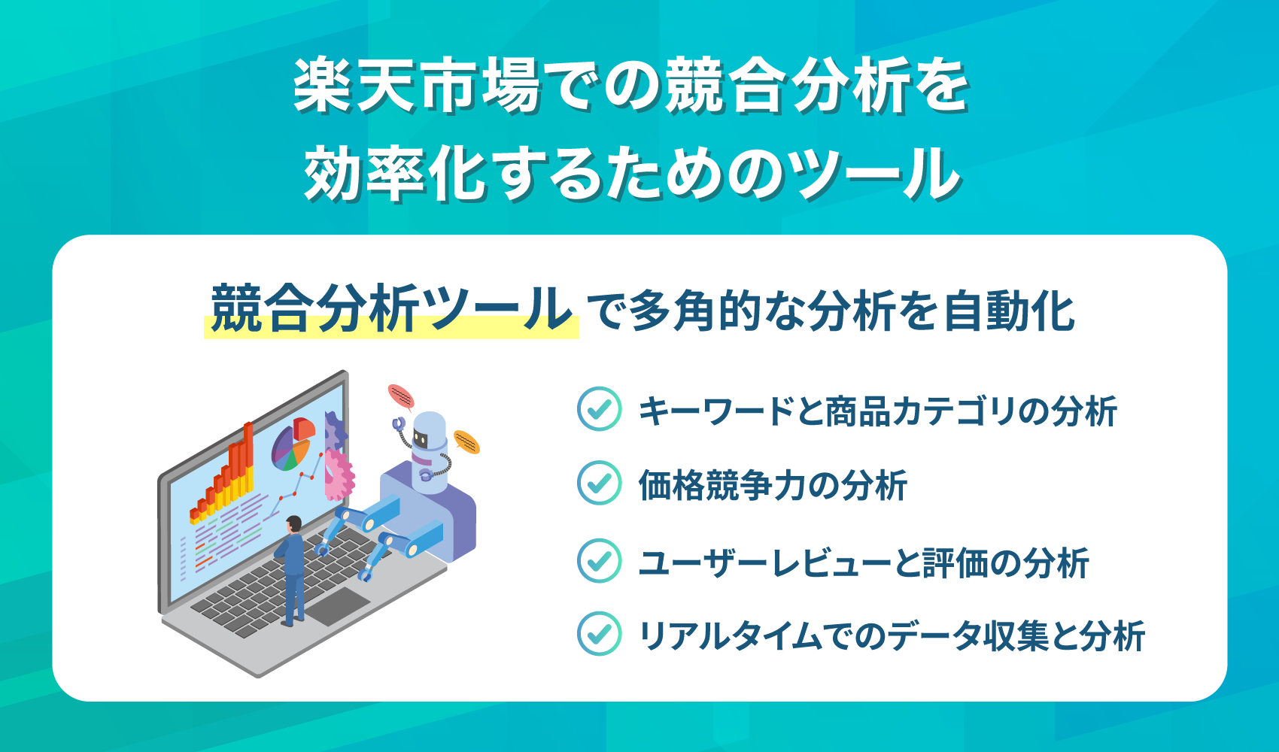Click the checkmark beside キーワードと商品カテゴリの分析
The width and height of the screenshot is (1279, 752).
[x=599, y=409]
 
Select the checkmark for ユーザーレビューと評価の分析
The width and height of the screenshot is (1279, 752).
[x=599, y=560]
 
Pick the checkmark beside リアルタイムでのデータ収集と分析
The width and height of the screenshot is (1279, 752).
[x=599, y=634]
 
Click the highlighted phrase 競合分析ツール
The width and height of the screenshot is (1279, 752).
[x=391, y=309]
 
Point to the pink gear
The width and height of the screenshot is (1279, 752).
[x=339, y=474]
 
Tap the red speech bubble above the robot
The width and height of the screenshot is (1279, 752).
[x=401, y=396]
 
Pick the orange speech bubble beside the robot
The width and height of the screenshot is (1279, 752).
[x=466, y=441]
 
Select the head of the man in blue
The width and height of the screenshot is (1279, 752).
[x=293, y=523]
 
